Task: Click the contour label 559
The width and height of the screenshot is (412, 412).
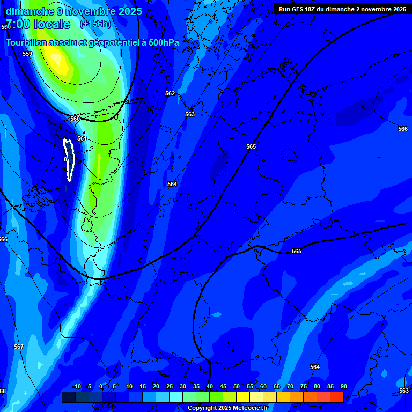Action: pyautogui.click(x=27, y=54)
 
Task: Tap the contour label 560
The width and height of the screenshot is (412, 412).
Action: pyautogui.click(x=75, y=119)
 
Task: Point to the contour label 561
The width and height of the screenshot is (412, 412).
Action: pyautogui.click(x=82, y=138)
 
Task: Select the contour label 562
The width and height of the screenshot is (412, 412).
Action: pyautogui.click(x=170, y=93)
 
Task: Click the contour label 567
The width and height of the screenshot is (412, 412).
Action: pyautogui.click(x=19, y=347)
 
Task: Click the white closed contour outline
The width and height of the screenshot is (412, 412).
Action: pyautogui.click(x=69, y=159)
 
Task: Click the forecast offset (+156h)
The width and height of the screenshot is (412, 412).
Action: pyautogui.click(x=95, y=24)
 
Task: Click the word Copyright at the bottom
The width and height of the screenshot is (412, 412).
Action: pyautogui.click(x=202, y=408)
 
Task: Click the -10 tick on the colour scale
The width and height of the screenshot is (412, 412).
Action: pyautogui.click(x=76, y=387)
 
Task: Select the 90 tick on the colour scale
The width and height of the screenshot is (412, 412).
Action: pyautogui.click(x=344, y=387)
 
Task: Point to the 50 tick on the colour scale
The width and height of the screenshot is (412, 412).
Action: pyautogui.click(x=237, y=387)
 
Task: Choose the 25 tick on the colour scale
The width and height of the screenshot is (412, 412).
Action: pyautogui.click(x=170, y=387)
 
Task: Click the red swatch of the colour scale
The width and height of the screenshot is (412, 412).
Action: pyautogui.click(x=337, y=397)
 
